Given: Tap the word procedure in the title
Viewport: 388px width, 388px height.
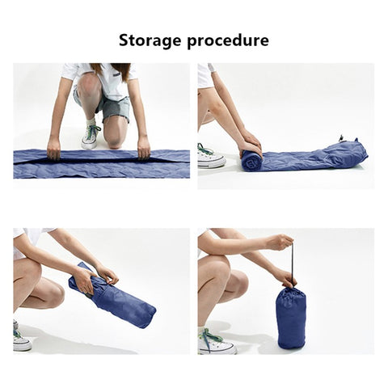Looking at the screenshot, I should [228, 40].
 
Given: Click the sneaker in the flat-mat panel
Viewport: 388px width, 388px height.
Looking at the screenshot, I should [91, 136].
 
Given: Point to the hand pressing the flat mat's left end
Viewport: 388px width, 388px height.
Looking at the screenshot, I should [53, 148].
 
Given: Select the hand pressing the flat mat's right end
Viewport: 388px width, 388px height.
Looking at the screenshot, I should [143, 147].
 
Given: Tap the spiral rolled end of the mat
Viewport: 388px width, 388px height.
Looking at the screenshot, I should [251, 160].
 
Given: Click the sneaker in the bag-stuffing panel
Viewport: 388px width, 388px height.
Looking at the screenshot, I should [21, 339].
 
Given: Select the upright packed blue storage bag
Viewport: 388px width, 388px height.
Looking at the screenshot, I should [291, 319].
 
